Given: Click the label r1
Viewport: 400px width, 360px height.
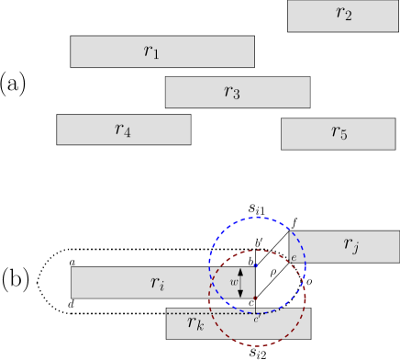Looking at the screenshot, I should point(151,52).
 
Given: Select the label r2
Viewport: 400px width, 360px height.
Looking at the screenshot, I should point(343,14).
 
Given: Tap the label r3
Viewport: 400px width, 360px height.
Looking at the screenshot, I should point(232,92).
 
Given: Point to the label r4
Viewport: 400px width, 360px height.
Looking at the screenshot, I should point(123,129).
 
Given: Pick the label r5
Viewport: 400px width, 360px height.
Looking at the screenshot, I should point(339,133).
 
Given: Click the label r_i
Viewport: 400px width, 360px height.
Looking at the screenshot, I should point(158,283).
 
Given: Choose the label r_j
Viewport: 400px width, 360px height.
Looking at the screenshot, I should point(350,243).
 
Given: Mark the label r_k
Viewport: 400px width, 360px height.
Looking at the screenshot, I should point(194,323).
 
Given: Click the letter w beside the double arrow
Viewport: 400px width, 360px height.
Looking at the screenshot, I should point(233,283).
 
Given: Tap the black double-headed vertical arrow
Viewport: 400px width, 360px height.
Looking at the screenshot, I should point(241,282).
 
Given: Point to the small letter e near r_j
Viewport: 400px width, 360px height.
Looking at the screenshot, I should point(293,257).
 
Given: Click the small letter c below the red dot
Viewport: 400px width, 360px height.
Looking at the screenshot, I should point(256,318).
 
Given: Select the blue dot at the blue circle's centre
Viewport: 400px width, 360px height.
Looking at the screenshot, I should point(257,266).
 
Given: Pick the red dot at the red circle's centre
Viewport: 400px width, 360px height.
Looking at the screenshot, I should point(257,298).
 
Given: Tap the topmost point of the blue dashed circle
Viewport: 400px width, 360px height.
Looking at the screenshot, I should point(257,218).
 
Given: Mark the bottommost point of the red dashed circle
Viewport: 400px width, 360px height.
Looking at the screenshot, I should point(257,346).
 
